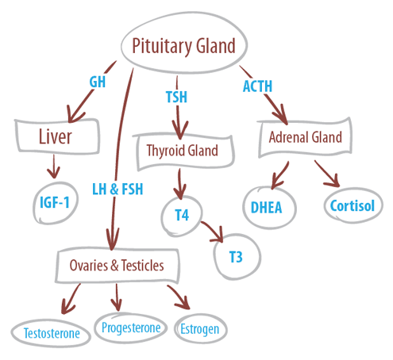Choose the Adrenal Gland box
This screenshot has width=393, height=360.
(x=306, y=137)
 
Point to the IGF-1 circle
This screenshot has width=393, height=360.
(x=55, y=201)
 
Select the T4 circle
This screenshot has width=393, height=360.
(x=183, y=213)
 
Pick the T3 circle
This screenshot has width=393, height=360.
(x=235, y=256)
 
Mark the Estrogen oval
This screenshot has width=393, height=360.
(x=198, y=327)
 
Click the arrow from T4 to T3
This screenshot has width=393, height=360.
(x=214, y=232)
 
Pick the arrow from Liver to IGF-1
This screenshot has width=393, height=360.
(x=53, y=167)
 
